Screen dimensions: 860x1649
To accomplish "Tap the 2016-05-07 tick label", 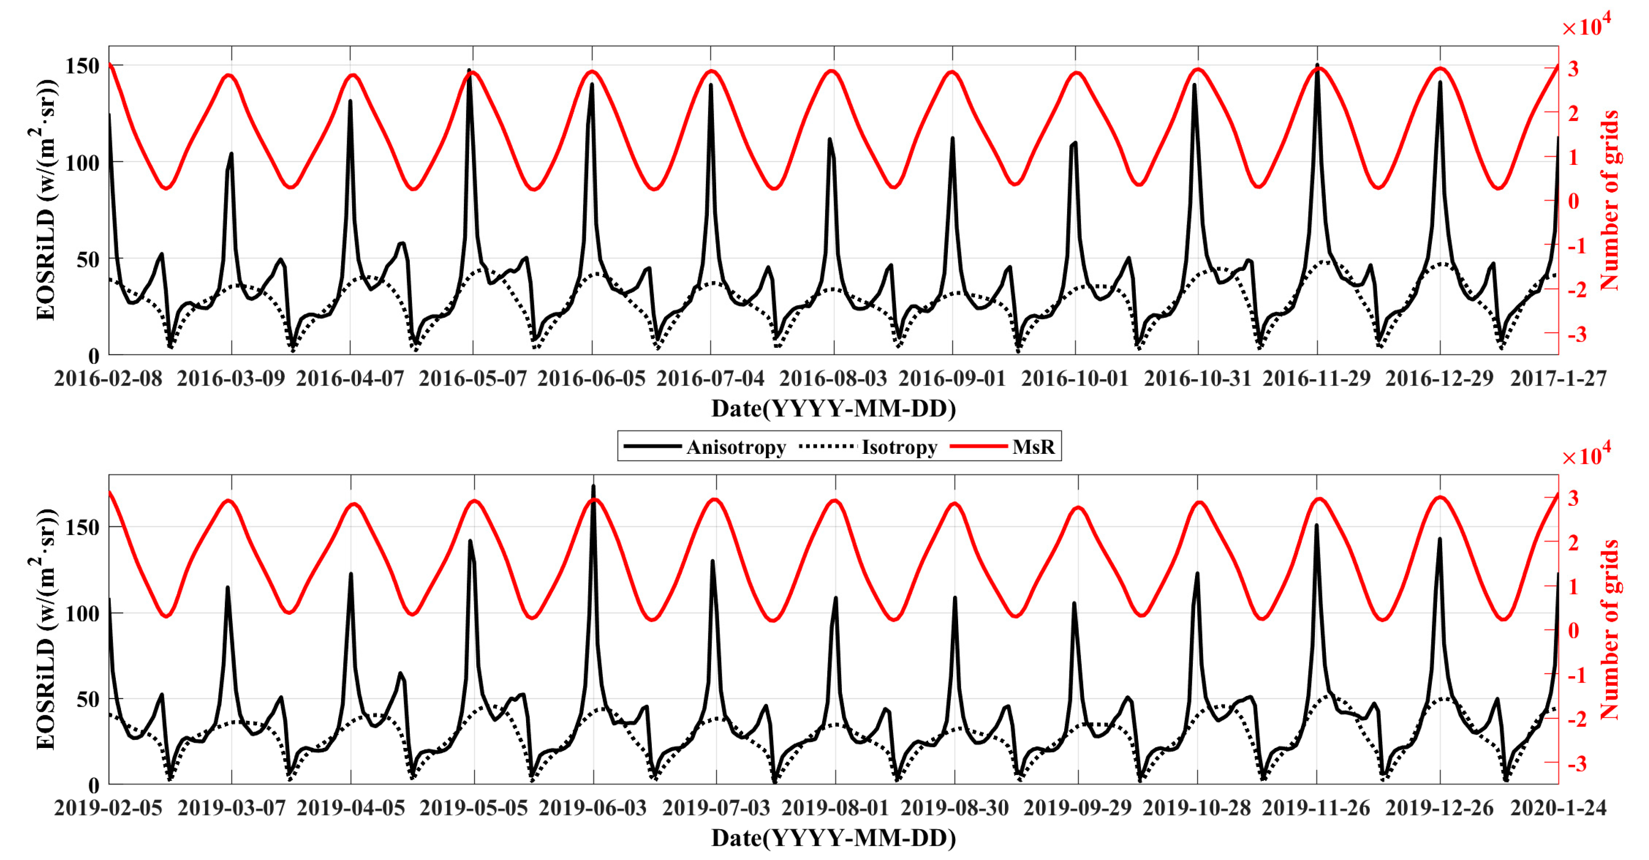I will click(x=472, y=378).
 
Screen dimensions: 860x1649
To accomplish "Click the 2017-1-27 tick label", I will click(x=1558, y=378).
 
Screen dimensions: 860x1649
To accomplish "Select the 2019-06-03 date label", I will click(x=593, y=808).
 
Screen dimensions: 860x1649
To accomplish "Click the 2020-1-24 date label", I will click(x=1558, y=808).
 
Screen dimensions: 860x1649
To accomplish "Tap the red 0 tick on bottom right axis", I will click(x=1573, y=630).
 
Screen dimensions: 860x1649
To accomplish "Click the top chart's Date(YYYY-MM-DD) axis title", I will click(x=833, y=409).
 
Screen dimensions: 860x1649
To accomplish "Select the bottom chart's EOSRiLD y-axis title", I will click(x=45, y=629).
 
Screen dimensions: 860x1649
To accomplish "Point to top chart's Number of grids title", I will click(x=1609, y=200).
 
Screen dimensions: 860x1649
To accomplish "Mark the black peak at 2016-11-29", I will click(x=1317, y=65).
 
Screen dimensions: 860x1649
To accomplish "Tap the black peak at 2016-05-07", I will click(x=469, y=70).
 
